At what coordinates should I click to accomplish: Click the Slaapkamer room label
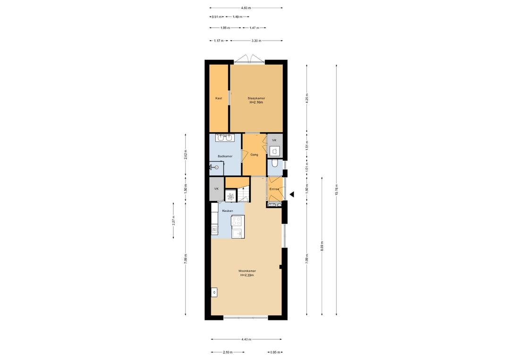click(256, 98)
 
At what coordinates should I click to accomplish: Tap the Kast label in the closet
click(219, 98)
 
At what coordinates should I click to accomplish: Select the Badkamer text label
click(225, 156)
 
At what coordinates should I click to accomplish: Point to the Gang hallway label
click(254, 155)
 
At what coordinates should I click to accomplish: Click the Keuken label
click(227, 211)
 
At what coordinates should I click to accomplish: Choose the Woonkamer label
click(247, 271)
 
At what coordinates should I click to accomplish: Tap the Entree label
click(274, 189)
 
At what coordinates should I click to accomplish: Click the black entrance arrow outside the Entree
click(292, 194)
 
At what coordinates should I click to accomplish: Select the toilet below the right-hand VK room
click(275, 163)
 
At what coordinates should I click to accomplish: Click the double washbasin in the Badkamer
click(225, 138)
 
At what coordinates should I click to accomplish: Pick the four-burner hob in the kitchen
click(236, 221)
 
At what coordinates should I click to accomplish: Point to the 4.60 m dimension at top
click(246, 8)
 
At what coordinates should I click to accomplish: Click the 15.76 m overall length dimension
click(337, 190)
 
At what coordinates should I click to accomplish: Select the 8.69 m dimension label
click(322, 246)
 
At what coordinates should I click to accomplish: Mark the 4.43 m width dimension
click(246, 339)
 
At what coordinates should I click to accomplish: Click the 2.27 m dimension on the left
click(173, 221)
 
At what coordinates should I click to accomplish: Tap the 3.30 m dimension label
click(256, 41)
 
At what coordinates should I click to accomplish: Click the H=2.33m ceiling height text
click(247, 275)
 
